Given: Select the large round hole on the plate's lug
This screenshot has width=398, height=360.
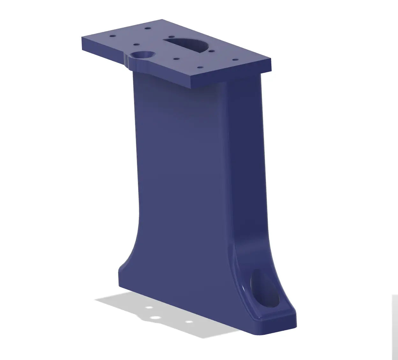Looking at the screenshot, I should [x=141, y=55].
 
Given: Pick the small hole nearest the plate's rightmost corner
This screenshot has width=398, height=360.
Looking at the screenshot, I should [x=235, y=59].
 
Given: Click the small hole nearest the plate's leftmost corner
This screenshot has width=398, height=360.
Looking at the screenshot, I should [x=112, y=36].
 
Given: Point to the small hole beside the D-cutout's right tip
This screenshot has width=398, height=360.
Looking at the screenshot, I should [x=211, y=51].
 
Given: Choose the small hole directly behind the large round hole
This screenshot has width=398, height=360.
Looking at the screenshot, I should [x=136, y=45].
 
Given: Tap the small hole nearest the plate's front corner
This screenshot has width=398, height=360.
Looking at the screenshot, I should [x=200, y=67].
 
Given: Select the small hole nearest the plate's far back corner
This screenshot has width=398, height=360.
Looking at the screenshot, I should [x=147, y=28].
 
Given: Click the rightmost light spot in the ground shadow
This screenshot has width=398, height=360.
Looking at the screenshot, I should [x=189, y=322].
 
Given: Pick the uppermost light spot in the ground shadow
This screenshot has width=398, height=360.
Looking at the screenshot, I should [x=149, y=308].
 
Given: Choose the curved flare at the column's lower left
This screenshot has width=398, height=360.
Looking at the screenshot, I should [x=131, y=252].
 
